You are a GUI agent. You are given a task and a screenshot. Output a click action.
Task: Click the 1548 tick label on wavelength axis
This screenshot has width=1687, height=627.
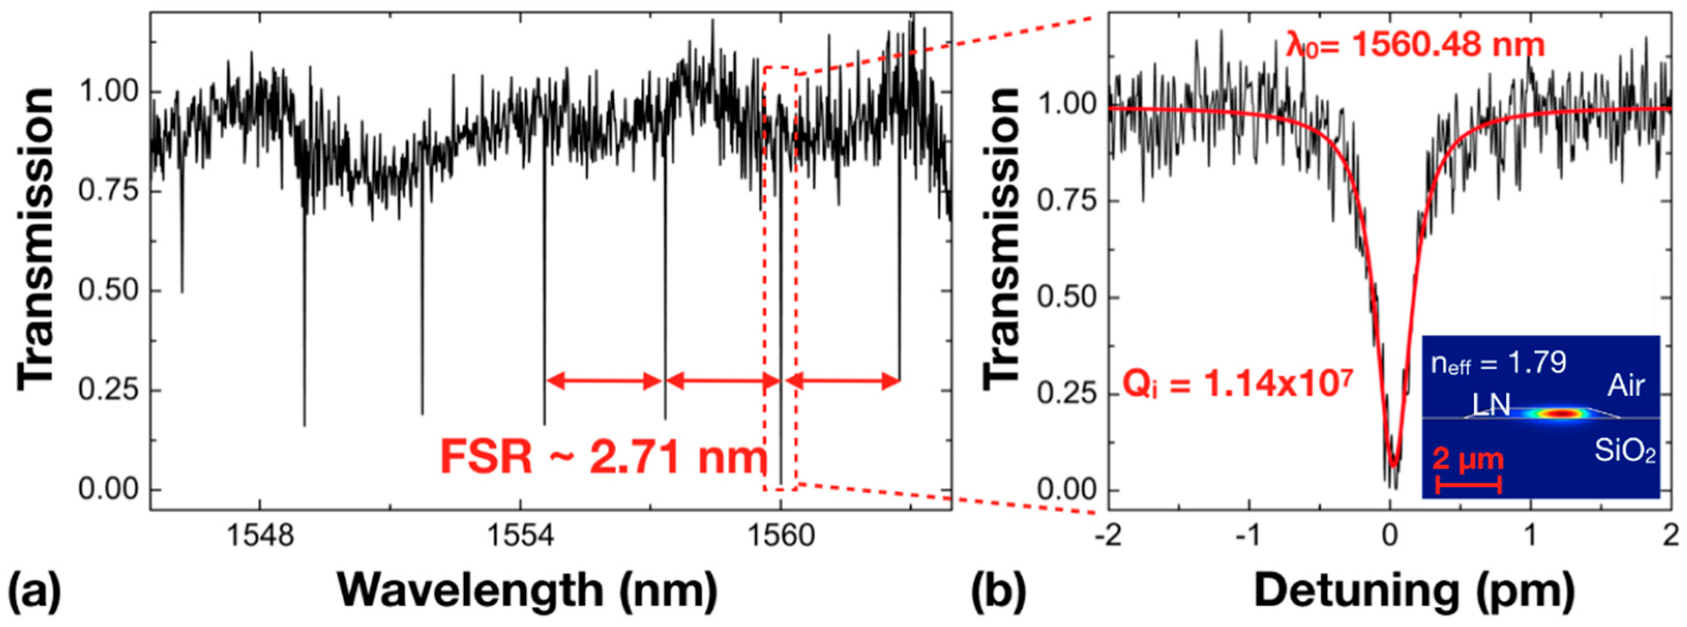[x=260, y=536]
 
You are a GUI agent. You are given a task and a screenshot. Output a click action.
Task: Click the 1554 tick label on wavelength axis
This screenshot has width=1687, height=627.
[x=520, y=536]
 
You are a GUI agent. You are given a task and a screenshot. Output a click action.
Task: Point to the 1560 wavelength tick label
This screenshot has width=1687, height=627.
[x=780, y=536]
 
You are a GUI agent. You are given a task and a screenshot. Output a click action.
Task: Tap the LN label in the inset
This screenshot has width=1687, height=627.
[x=1490, y=408]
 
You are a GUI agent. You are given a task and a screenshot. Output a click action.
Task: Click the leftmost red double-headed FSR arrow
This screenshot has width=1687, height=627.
[x=604, y=381]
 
